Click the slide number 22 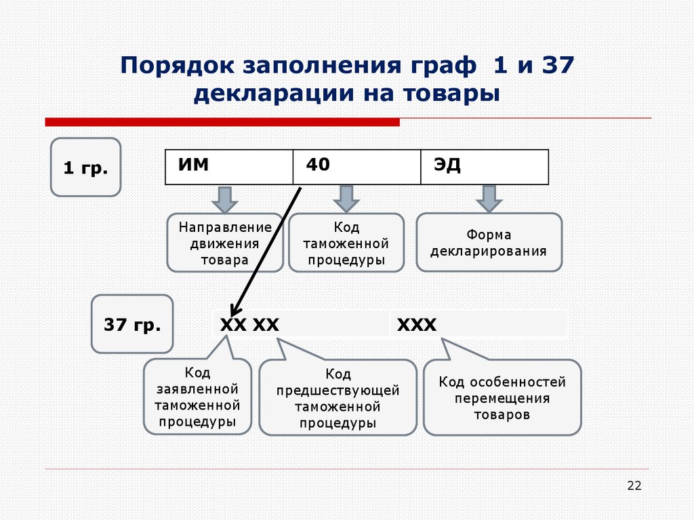click(634, 485)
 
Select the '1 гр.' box click(85, 167)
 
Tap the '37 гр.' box click(132, 324)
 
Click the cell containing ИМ click(229, 167)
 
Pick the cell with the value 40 click(356, 167)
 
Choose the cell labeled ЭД click(484, 167)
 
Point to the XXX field click(478, 325)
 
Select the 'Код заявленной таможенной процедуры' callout click(197, 397)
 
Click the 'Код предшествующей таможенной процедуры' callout click(338, 398)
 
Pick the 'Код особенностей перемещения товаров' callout click(502, 398)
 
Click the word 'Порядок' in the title click(173, 66)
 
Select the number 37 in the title click(554, 66)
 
